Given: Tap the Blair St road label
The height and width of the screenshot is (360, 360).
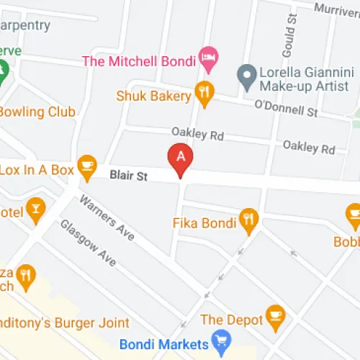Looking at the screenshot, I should [x=128, y=175].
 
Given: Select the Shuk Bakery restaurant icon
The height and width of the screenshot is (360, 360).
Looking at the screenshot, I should [x=205, y=94].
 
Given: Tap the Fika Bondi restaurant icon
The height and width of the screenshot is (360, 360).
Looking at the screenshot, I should [x=249, y=221].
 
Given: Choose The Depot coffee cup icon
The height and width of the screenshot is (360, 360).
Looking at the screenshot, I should [x=276, y=315].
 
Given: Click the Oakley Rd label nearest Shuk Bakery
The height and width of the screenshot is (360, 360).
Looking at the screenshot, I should [x=197, y=133].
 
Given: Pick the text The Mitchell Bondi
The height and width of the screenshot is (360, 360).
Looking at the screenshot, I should [x=138, y=61].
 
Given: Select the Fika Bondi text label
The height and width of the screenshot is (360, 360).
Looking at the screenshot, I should [x=204, y=222].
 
